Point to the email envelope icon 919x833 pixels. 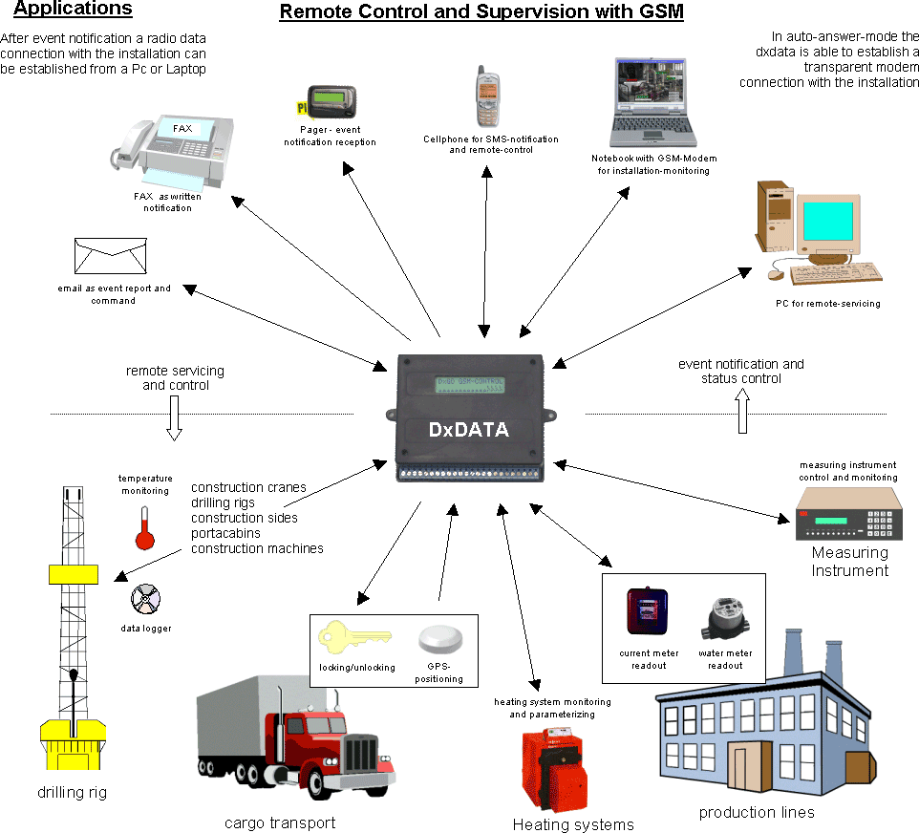[110, 255]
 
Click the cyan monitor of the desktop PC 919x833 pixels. [833, 221]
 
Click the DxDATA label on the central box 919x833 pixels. [468, 431]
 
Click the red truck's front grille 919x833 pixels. [362, 755]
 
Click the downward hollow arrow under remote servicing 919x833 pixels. [174, 419]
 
